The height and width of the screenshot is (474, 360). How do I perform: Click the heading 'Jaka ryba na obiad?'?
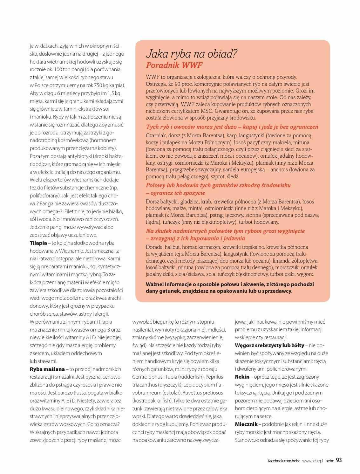coord(191,54)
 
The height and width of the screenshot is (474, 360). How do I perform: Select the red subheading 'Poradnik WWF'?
coord(174,65)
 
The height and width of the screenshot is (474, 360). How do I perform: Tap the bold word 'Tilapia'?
coord(38,243)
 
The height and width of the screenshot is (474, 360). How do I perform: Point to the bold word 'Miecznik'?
coord(245,424)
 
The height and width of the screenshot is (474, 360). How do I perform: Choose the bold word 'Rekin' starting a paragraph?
coord(242,377)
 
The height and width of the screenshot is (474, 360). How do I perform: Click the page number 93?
coord(339,460)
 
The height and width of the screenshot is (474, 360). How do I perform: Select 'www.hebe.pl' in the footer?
coord(312,461)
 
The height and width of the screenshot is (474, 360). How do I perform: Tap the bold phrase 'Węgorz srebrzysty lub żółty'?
coord(269,345)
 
